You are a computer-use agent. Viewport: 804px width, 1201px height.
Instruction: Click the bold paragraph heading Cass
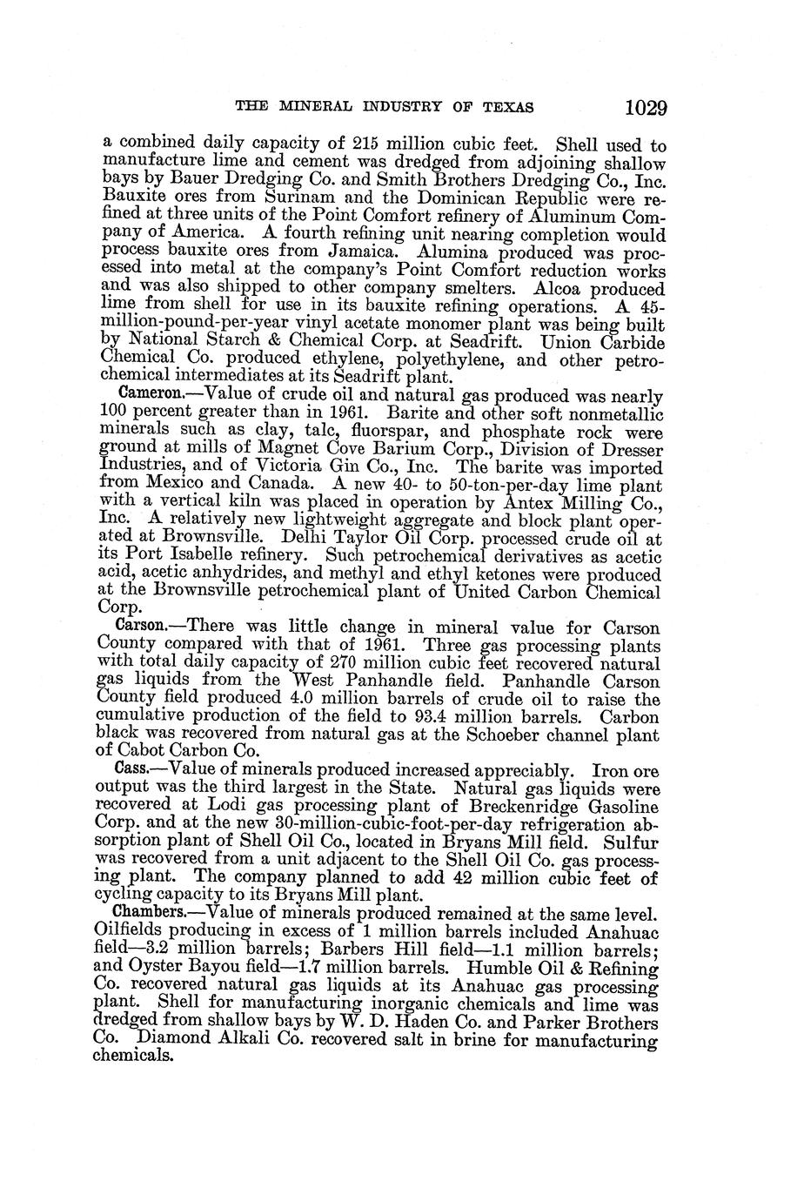pyautogui.click(x=134, y=771)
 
